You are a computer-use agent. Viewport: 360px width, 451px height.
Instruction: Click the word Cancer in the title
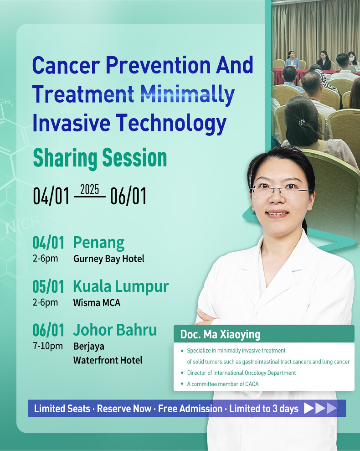coord(66,65)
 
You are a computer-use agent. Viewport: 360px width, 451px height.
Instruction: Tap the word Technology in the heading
coord(171,124)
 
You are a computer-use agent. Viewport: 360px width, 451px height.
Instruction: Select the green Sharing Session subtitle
coord(100,158)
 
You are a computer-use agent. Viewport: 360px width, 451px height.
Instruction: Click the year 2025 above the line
coord(89,190)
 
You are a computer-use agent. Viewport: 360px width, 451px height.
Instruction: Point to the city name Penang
coord(98,243)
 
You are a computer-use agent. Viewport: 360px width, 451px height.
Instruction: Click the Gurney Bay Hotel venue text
coord(109,259)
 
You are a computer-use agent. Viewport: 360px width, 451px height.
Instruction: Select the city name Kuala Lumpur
coord(121,287)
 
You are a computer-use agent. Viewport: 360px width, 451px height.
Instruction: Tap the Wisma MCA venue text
coord(97,303)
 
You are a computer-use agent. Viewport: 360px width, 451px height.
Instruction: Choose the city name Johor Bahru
coord(115,330)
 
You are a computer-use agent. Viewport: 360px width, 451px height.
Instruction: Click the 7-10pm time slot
coord(48,346)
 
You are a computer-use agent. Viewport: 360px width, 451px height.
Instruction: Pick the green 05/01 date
coord(48,287)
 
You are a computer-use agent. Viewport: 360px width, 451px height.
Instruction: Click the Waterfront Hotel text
coord(108,360)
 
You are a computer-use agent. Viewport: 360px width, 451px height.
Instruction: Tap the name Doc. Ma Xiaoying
coord(220,334)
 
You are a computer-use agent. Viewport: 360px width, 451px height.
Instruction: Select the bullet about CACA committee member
coord(222,384)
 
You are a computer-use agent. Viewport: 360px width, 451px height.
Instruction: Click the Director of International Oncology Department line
coord(241,373)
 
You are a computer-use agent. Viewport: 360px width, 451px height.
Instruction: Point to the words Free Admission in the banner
coord(190,409)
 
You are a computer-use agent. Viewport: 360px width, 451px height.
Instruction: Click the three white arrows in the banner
coord(320,408)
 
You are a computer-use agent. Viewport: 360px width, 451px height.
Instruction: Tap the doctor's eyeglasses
coord(281,191)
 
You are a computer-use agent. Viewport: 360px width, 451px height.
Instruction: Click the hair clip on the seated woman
coord(301,122)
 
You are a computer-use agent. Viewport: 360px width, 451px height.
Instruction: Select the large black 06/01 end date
coord(128,196)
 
